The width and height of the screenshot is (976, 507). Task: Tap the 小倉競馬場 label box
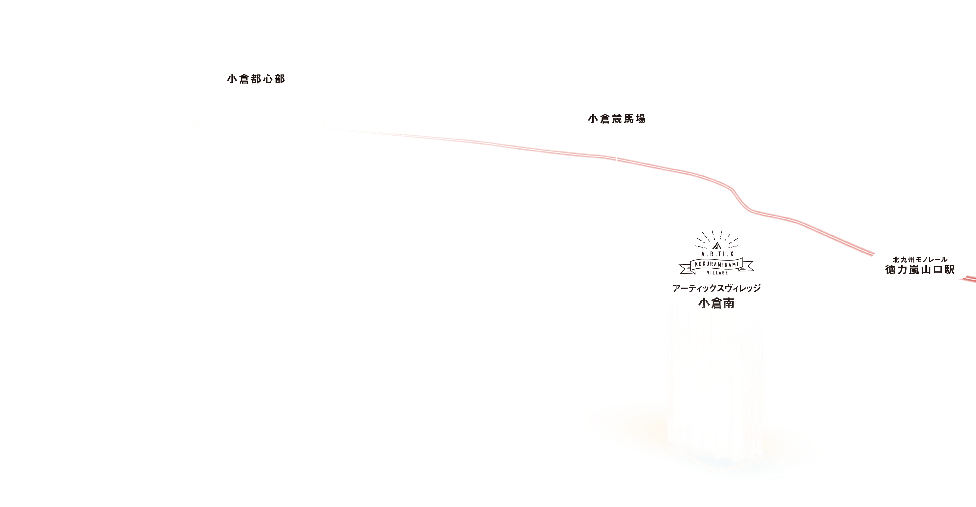616,119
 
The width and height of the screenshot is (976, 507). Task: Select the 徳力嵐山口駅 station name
920,270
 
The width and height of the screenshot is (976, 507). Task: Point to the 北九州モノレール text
920,259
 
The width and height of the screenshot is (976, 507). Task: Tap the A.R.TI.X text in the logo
717,254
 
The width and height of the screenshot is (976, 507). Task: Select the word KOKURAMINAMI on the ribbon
717,264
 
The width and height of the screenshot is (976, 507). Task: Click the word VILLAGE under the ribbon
717,272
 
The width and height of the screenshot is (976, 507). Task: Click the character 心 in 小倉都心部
268,79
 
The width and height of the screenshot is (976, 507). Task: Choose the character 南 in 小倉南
728,303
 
